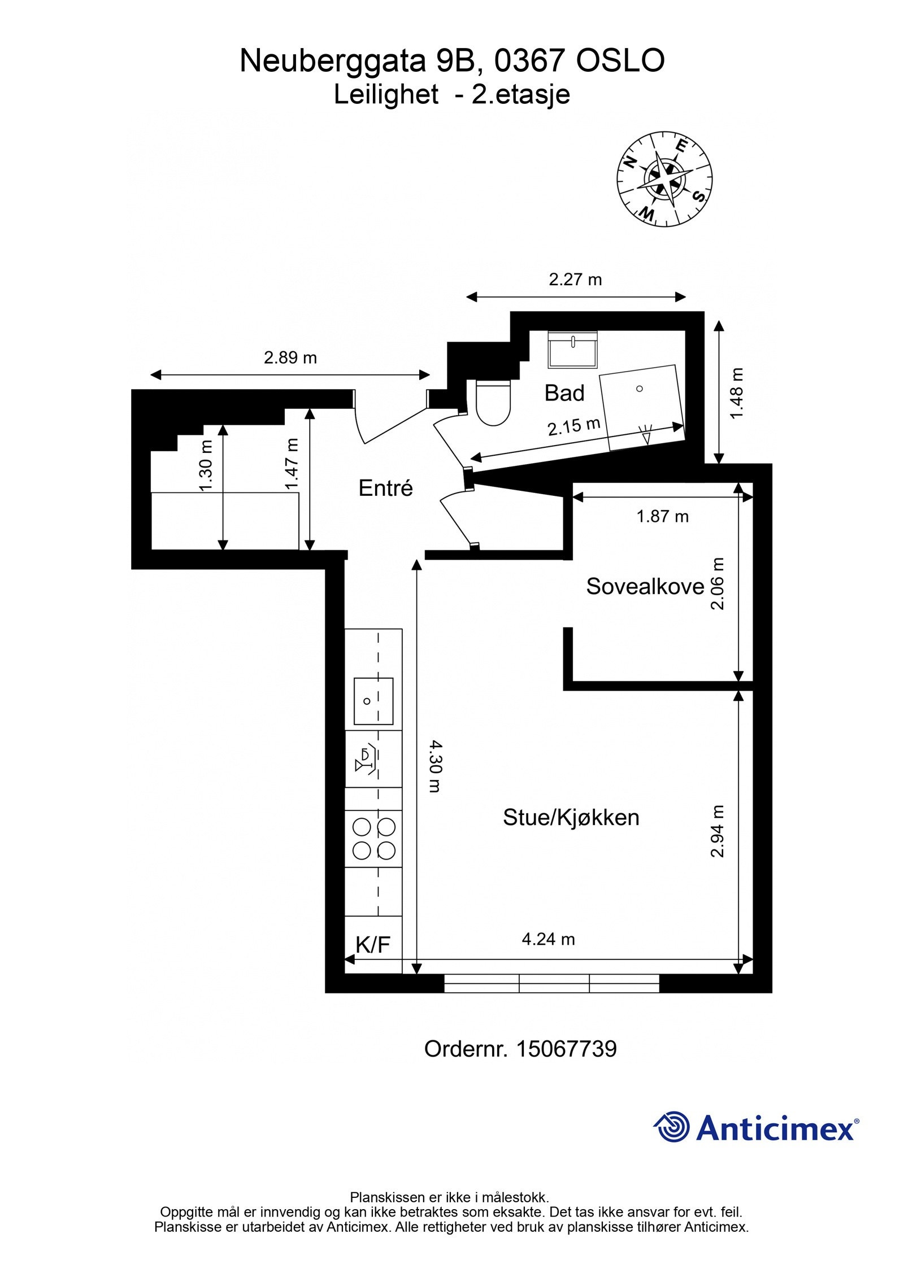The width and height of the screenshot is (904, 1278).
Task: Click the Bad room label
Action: [564, 393]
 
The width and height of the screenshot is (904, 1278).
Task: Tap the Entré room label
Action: [385, 488]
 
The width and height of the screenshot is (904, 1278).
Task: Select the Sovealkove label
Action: [645, 586]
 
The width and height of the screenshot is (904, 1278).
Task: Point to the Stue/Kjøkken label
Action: [571, 817]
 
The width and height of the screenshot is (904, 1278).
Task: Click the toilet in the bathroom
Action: [493, 402]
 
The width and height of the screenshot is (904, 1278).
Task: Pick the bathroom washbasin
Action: [573, 350]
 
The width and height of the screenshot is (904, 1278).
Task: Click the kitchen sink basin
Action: [373, 701]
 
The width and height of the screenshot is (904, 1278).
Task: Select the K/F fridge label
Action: [373, 944]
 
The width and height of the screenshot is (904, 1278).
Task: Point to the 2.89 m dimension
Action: [290, 357]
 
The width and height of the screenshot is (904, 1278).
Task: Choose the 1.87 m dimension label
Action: [662, 516]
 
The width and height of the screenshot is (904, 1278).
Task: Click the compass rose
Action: [664, 179]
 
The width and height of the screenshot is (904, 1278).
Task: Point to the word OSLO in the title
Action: [620, 60]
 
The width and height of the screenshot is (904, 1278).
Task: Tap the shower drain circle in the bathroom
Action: [640, 389]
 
